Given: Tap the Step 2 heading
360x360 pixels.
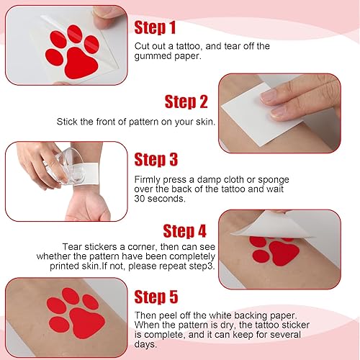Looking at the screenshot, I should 186,102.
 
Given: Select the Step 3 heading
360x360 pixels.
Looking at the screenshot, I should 156,159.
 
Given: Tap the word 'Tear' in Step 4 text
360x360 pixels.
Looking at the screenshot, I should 93,246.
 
